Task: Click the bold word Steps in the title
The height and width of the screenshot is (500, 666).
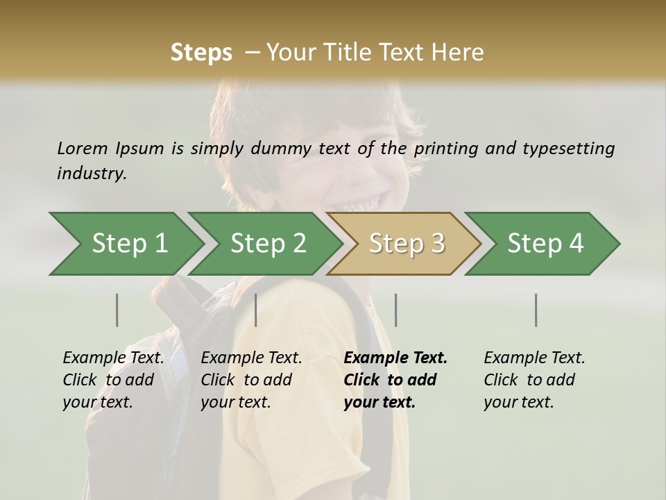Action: click(201, 53)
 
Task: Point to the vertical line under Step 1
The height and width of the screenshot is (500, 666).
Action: click(117, 310)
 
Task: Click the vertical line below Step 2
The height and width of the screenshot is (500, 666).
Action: click(256, 310)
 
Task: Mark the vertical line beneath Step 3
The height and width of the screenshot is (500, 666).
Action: click(396, 310)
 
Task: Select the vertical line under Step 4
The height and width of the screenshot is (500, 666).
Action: click(536, 310)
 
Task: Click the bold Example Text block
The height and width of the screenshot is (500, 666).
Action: click(395, 380)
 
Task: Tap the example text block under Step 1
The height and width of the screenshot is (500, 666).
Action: click(113, 380)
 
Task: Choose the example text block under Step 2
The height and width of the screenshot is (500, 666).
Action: click(251, 380)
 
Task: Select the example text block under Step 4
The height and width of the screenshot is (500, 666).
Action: click(534, 380)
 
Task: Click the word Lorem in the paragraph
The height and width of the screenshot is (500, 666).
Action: click(83, 148)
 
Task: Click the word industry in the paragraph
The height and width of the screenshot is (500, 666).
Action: click(92, 173)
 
